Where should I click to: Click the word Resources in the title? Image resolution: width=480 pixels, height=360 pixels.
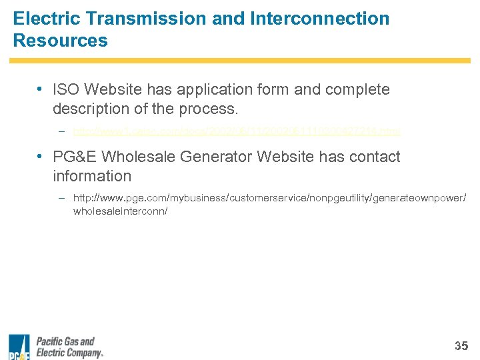(x=60, y=41)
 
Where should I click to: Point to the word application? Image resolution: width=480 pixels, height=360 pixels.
(x=211, y=89)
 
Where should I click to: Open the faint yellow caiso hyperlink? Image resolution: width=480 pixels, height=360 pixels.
(x=236, y=132)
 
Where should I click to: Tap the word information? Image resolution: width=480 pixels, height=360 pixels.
(x=92, y=176)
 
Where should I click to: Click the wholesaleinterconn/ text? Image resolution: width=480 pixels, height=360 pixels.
(x=120, y=211)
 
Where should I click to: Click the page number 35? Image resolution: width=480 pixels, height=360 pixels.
(x=461, y=345)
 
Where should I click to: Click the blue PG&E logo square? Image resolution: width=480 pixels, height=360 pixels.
(x=19, y=346)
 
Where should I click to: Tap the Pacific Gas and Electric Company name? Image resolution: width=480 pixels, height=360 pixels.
(x=69, y=347)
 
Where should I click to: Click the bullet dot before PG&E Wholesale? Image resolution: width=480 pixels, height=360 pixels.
(x=41, y=157)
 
